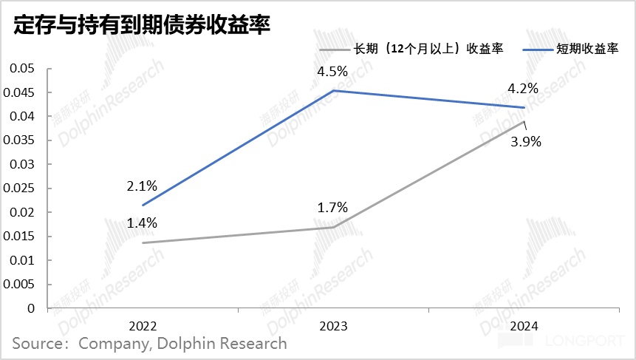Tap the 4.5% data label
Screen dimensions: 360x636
tap(332, 72)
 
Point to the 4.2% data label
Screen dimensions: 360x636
tap(522, 89)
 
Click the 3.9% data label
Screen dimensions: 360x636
tap(526, 141)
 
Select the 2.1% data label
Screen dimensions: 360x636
tap(143, 186)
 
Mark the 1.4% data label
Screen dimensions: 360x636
tap(143, 223)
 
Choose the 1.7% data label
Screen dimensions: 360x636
tap(332, 208)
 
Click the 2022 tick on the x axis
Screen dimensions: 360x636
tap(143, 325)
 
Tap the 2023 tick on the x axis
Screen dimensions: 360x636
tap(333, 325)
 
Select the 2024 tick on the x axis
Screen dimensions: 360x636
tap(523, 325)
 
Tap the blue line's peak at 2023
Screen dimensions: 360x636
tap(333, 91)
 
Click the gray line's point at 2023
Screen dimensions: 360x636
tap(333, 227)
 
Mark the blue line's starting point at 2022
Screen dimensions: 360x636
tap(143, 205)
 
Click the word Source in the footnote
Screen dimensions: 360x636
tap(37, 344)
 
